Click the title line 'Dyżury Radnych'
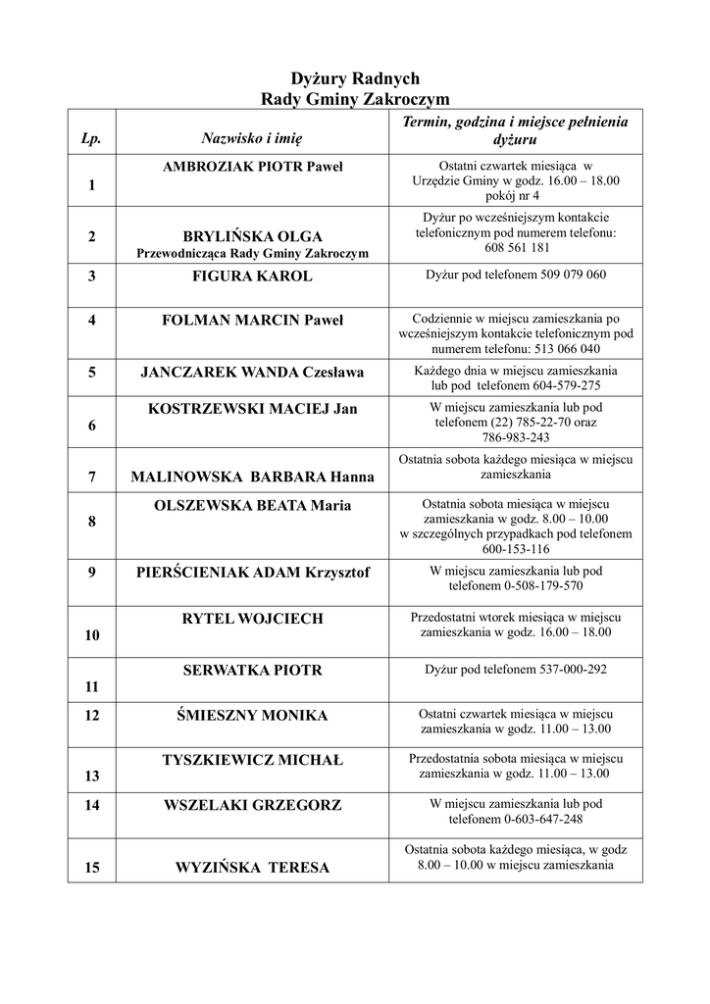coord(355,78)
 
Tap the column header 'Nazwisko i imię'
coord(252,141)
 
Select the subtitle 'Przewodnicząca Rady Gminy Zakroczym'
coord(252,254)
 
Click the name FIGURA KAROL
coord(252,276)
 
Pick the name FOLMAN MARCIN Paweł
coord(252,320)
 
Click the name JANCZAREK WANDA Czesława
coord(252,373)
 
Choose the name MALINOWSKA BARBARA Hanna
coord(252,477)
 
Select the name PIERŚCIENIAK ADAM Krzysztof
coord(252,573)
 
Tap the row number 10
coord(92,635)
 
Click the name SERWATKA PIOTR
coord(252,671)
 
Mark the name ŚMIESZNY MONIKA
coord(252,716)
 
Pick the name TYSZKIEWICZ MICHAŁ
coord(252,761)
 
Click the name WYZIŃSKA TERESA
coord(252,868)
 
